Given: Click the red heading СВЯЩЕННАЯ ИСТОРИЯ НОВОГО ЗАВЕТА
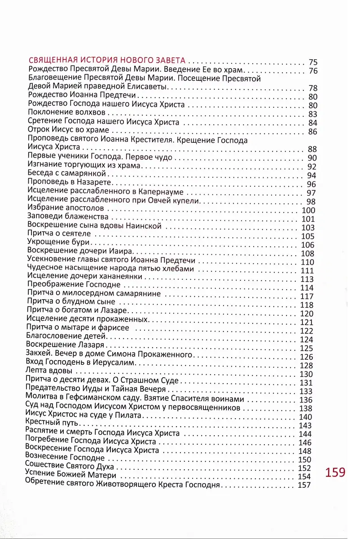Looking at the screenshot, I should click(x=108, y=62).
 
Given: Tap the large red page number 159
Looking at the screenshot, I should click(x=335, y=473).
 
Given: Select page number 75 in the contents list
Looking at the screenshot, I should click(x=313, y=62).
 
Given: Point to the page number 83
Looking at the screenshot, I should click(x=313, y=114).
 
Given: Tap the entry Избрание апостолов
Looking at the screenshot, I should click(x=66, y=208).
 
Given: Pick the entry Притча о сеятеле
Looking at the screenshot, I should click(x=59, y=234).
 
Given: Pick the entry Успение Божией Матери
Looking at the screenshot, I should click(x=71, y=475).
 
